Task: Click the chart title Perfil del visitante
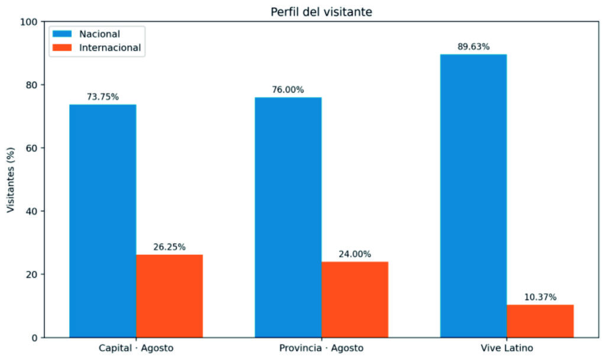click(321, 12)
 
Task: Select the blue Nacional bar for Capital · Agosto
click(103, 221)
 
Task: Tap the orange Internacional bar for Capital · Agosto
click(169, 296)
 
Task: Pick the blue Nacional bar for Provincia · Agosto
click(288, 218)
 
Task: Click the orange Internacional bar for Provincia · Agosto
click(355, 300)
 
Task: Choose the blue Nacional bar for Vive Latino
click(473, 196)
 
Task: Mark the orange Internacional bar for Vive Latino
click(540, 322)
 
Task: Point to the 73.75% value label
click(103, 97)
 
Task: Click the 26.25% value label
click(169, 247)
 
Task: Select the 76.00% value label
click(288, 90)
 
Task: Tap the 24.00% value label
click(355, 254)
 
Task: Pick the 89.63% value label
click(473, 47)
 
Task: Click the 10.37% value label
click(540, 297)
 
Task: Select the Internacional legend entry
click(97, 47)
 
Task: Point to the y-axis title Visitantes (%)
click(11, 180)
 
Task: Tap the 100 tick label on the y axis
click(28, 22)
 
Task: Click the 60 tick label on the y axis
click(32, 148)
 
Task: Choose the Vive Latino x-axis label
click(507, 348)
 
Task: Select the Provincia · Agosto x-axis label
click(321, 348)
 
